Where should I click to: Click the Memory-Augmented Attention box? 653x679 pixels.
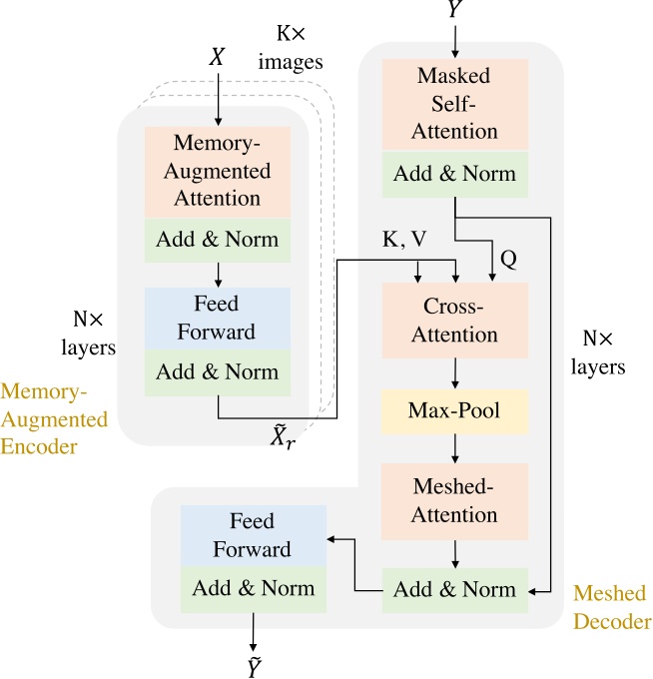[x=217, y=173]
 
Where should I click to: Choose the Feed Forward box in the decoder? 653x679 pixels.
[x=254, y=536]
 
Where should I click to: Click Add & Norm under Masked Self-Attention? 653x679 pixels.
[x=455, y=174]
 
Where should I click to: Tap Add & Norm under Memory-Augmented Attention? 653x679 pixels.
[x=217, y=241]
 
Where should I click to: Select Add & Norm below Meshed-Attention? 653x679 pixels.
[x=455, y=589]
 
